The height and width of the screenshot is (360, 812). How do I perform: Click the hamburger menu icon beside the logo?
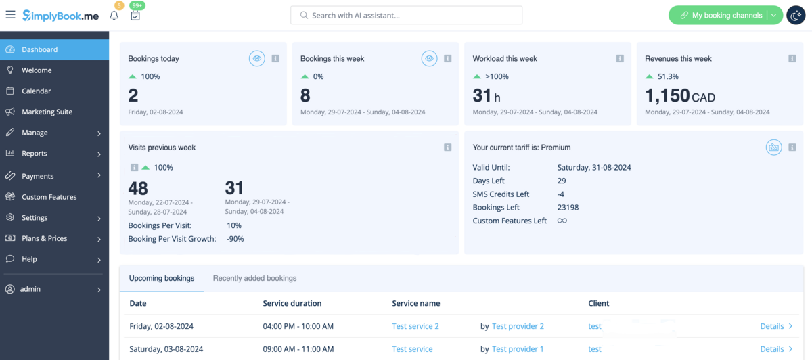pyautogui.click(x=10, y=15)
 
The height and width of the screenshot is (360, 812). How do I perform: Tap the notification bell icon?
pyautogui.click(x=114, y=16)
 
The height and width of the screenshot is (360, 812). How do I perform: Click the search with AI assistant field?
pyautogui.click(x=406, y=15)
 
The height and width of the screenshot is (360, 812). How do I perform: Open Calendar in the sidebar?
pyautogui.click(x=36, y=91)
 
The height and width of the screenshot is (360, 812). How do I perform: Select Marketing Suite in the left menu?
pyautogui.click(x=47, y=112)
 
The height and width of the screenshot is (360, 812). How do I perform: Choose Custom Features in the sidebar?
pyautogui.click(x=49, y=197)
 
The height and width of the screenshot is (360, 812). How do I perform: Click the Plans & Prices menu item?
pyautogui.click(x=44, y=238)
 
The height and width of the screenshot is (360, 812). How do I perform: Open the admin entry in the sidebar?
pyautogui.click(x=30, y=289)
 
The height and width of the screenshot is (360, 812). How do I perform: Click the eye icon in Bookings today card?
pyautogui.click(x=257, y=59)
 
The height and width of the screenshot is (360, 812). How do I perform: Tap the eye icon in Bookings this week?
pyautogui.click(x=429, y=59)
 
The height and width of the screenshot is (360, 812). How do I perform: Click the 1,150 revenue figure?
pyautogui.click(x=667, y=96)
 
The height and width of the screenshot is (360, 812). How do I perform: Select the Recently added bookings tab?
pyautogui.click(x=254, y=278)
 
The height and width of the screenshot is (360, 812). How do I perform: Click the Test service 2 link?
pyautogui.click(x=415, y=326)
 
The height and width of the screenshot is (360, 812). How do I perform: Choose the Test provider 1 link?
pyautogui.click(x=518, y=349)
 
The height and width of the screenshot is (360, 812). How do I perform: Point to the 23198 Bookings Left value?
pyautogui.click(x=568, y=207)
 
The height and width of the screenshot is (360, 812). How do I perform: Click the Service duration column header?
pyautogui.click(x=292, y=303)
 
